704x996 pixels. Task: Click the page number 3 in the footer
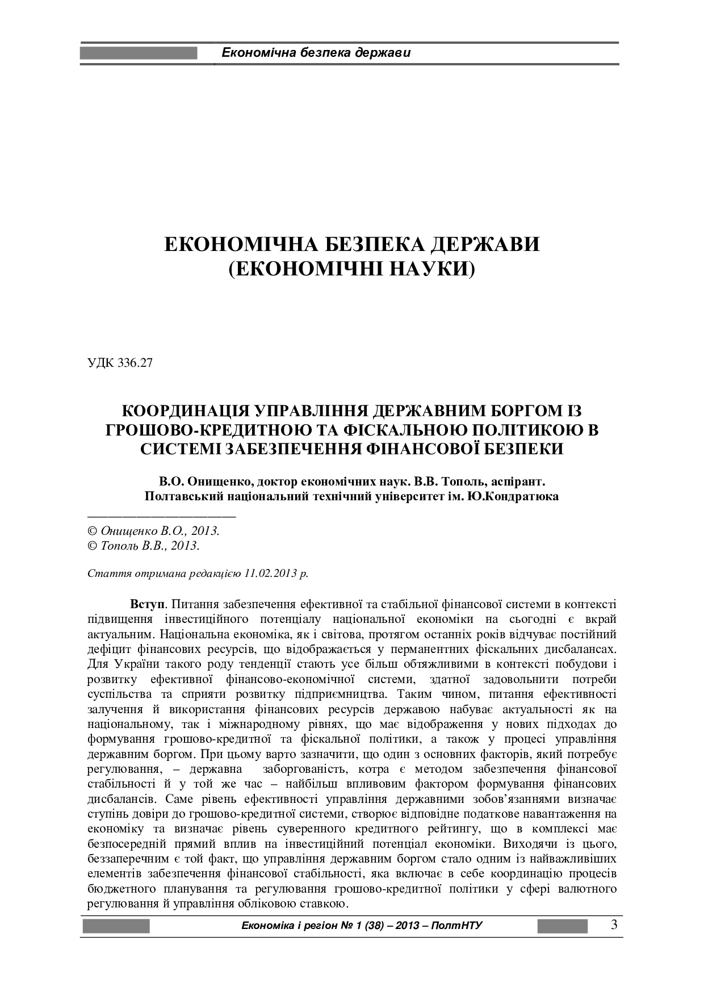[614, 925]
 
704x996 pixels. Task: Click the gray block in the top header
[139, 53]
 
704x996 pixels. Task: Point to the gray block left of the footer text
[116, 926]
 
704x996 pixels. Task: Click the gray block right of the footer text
[562, 926]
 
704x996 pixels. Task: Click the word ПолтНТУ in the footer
[456, 926]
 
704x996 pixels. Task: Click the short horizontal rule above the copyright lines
[161, 516]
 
